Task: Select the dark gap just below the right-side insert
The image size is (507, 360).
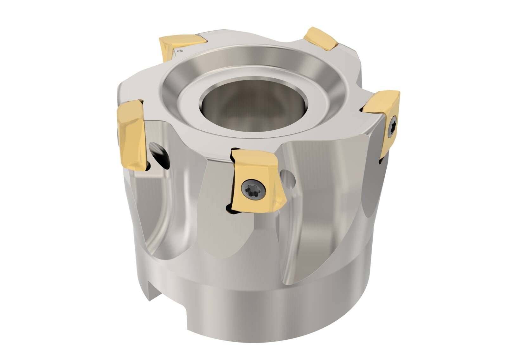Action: (381, 162)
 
